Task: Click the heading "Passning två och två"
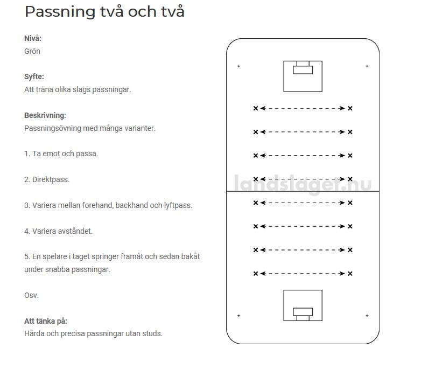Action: (104, 12)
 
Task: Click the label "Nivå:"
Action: (33, 38)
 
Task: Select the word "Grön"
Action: (32, 51)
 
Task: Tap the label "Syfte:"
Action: (34, 76)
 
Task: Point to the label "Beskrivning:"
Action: (45, 115)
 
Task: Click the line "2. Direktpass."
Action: (47, 179)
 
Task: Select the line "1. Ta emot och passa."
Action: (61, 154)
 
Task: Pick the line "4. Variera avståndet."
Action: (58, 231)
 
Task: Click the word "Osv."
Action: (31, 295)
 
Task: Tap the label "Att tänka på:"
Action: (46, 321)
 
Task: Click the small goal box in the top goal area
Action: (303, 69)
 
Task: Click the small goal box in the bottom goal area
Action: (303, 312)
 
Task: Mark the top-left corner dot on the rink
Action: (238, 66)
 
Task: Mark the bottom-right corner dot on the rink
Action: (367, 316)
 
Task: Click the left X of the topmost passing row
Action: (256, 108)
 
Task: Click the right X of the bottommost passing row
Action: (350, 274)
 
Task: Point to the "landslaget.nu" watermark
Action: (303, 184)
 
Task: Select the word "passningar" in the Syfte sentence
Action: (113, 89)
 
